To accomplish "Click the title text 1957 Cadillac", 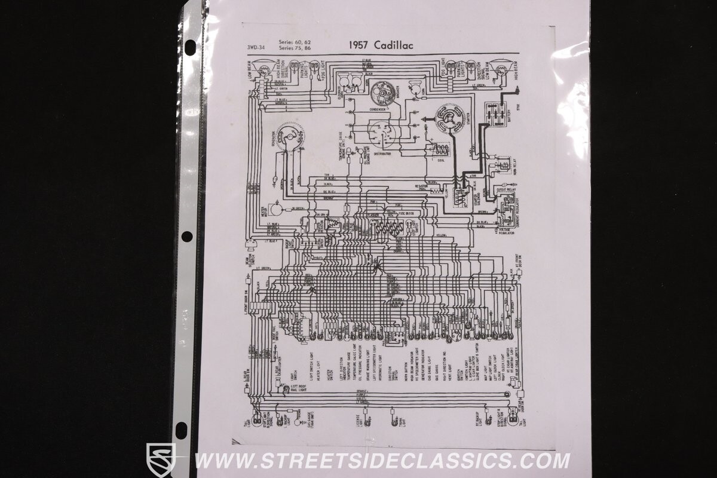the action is [x=379, y=45].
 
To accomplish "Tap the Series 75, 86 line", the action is [x=295, y=48].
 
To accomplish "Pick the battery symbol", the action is [x=495, y=114].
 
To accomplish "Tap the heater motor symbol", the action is [x=275, y=209].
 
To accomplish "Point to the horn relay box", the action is [x=502, y=165].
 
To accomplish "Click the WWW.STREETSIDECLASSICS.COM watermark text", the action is [x=382, y=461].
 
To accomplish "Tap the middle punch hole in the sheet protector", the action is [x=187, y=237].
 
